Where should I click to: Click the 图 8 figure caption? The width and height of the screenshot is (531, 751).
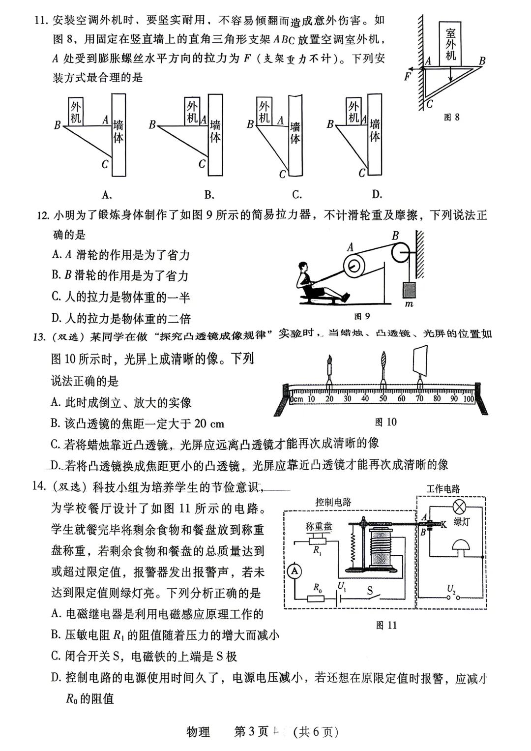pos(451,117)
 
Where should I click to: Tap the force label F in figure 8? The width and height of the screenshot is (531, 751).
pos(407,77)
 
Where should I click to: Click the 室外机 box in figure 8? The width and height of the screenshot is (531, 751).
pos(450,43)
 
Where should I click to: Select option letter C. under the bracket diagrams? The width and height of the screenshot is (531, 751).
pos(297,195)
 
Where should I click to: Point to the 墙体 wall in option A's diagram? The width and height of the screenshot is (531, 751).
pos(118,134)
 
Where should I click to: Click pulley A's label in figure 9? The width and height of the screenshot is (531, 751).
pos(350,247)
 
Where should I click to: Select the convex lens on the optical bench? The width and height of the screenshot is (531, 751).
pos(383,366)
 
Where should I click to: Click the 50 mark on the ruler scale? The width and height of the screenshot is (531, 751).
pos(383,399)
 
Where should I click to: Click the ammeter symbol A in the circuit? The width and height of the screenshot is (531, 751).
pos(295,571)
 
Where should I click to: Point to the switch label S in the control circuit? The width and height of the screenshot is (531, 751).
pos(370,591)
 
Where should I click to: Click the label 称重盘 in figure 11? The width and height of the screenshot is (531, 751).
pos(319,527)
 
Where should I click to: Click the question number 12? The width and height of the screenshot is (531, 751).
pos(43,215)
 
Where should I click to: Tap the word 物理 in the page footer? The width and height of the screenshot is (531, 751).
pos(198,732)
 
